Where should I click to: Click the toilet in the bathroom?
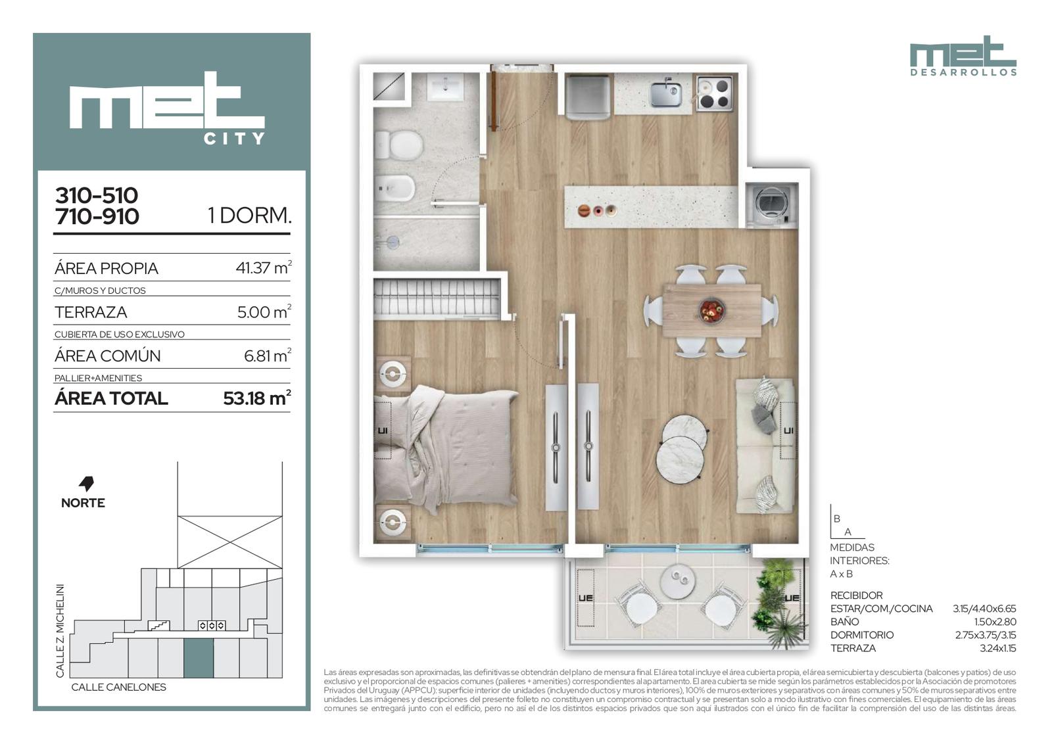coord(398,144)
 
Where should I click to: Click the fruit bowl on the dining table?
coord(711,310)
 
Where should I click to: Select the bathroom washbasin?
coord(444,86)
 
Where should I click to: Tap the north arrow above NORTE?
coord(86,484)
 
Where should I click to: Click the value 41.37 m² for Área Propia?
coord(264,267)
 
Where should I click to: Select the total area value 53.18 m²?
coord(257,398)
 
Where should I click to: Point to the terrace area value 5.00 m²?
coord(264,312)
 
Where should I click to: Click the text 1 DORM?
coord(250,216)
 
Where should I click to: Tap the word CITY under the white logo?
coord(234,139)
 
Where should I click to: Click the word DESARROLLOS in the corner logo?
coord(963,73)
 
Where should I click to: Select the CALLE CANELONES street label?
coord(119,687)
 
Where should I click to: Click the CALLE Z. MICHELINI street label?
coord(60,631)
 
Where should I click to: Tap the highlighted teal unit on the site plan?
coord(198,659)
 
